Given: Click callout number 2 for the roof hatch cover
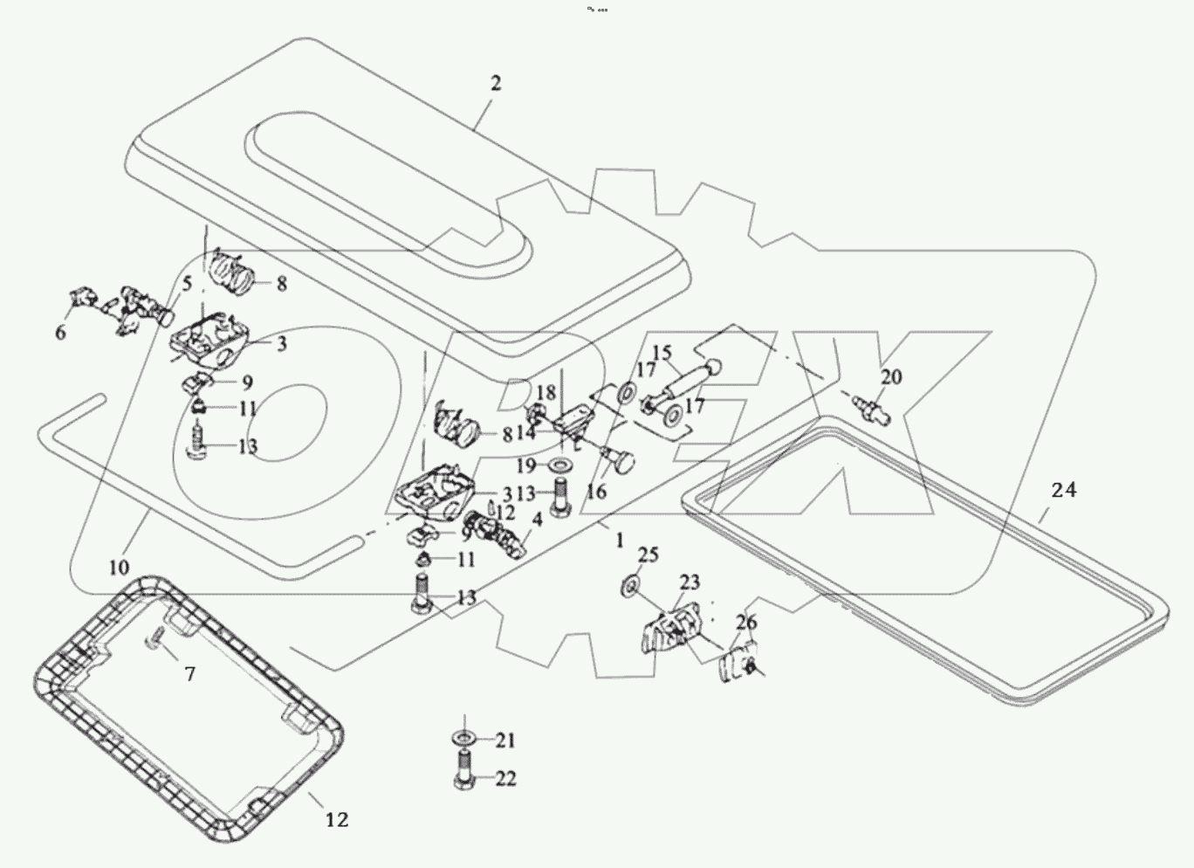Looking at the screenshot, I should click(496, 84).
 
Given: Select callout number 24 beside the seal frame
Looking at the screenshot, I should click(1063, 491).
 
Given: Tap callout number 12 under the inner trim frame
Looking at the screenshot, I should click(337, 820).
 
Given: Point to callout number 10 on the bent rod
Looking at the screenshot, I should click(119, 567).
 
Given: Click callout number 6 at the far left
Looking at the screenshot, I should click(60, 333).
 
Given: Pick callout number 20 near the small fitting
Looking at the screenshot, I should click(891, 377).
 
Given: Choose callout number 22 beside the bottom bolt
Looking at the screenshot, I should click(505, 778).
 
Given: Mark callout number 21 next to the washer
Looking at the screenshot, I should click(505, 741).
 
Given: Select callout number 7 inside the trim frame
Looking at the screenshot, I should click(189, 673).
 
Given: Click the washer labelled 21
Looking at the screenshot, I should click(463, 740).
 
